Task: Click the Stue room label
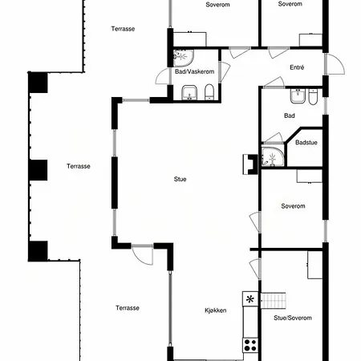(180, 179)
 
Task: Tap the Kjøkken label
(216, 310)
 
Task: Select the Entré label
(297, 67)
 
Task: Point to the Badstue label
(306, 143)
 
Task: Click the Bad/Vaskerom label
(194, 71)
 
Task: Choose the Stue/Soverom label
(293, 318)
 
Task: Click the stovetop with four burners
(250, 345)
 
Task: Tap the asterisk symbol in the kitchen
(250, 299)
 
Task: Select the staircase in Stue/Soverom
(273, 301)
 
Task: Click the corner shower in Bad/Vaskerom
(183, 58)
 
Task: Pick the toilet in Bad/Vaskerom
(209, 92)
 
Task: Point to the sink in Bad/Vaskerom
(189, 93)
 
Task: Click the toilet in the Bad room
(313, 97)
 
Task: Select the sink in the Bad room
(298, 96)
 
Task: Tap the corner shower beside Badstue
(273, 156)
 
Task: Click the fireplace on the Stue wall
(250, 164)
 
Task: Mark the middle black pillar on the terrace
(39, 170)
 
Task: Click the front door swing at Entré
(335, 64)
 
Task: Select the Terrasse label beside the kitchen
(128, 308)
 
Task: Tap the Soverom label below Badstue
(293, 206)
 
